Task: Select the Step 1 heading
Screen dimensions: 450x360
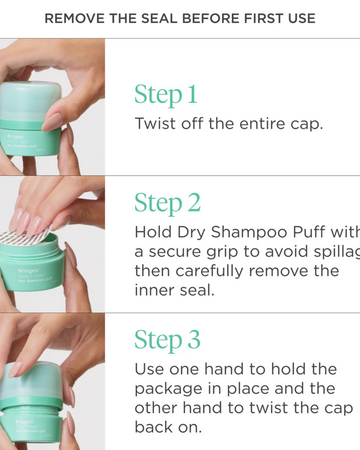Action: (166, 95)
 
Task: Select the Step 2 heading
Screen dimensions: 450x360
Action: (167, 203)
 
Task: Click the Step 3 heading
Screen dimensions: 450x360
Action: (167, 340)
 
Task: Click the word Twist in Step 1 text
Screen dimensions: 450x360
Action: (154, 124)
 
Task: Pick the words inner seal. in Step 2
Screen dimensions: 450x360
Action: (174, 290)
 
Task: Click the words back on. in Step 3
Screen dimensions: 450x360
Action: (167, 427)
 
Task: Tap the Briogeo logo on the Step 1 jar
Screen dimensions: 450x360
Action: (15, 136)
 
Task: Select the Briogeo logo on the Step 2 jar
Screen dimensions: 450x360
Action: (28, 270)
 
